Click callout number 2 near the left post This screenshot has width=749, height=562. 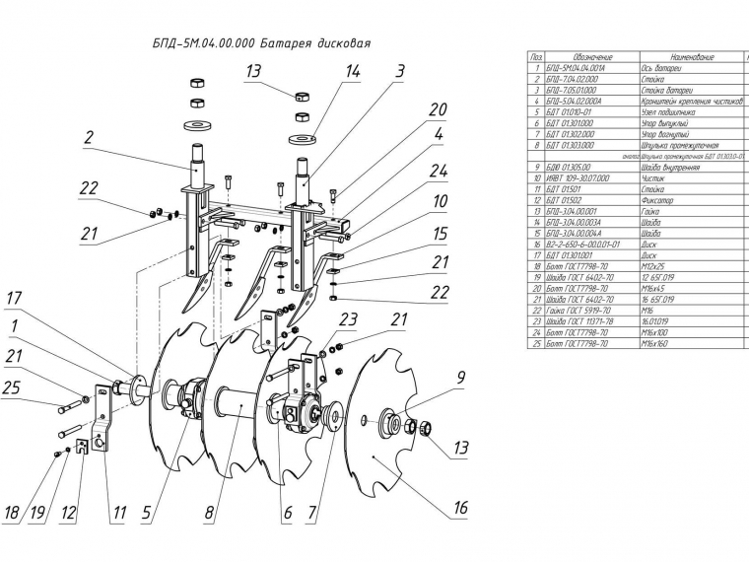coord(89,138)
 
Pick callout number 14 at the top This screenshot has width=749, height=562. coord(352,71)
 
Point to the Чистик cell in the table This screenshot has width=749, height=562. coord(655,177)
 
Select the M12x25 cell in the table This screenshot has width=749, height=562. coord(655,266)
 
